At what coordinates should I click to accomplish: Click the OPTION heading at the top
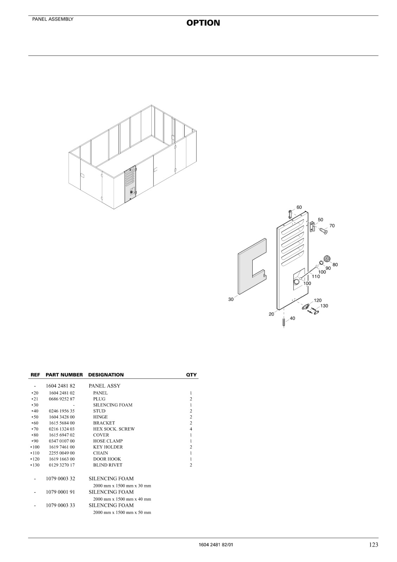click(x=203, y=23)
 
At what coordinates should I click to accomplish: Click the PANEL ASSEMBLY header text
click(x=53, y=19)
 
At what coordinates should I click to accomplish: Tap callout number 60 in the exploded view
click(x=299, y=207)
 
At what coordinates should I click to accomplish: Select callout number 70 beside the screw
click(x=332, y=226)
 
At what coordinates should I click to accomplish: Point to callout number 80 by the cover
click(x=335, y=264)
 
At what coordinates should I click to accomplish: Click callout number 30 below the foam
click(x=231, y=299)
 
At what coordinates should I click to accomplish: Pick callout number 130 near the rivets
click(x=324, y=306)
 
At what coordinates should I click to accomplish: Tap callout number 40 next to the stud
click(x=292, y=318)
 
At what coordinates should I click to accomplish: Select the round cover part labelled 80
click(x=327, y=259)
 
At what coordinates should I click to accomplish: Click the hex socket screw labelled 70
click(x=323, y=231)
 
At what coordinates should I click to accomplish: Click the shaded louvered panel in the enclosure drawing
click(x=130, y=184)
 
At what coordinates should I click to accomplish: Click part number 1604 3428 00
click(x=62, y=417)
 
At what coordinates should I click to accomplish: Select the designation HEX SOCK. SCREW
click(x=114, y=429)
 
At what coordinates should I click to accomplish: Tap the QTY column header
click(x=191, y=375)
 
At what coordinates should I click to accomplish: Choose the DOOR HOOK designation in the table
click(x=107, y=459)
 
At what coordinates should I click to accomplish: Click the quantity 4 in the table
click(x=191, y=429)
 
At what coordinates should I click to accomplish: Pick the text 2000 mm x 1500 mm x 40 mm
click(x=122, y=499)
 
